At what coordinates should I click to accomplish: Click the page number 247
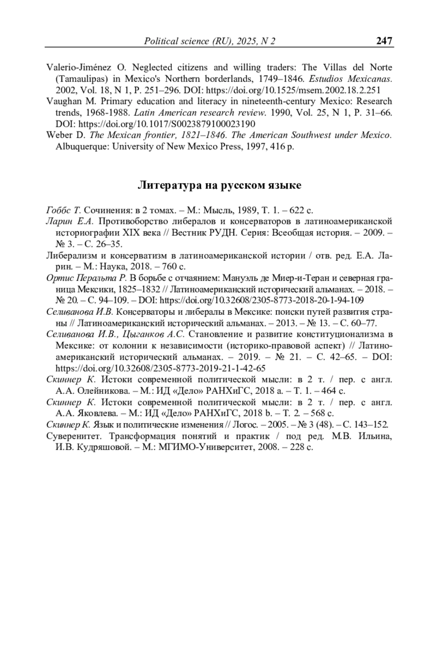[384, 41]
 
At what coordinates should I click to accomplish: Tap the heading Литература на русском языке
[220, 185]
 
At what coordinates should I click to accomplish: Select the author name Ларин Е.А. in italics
[69, 222]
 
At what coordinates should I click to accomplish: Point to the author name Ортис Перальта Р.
[87, 278]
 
